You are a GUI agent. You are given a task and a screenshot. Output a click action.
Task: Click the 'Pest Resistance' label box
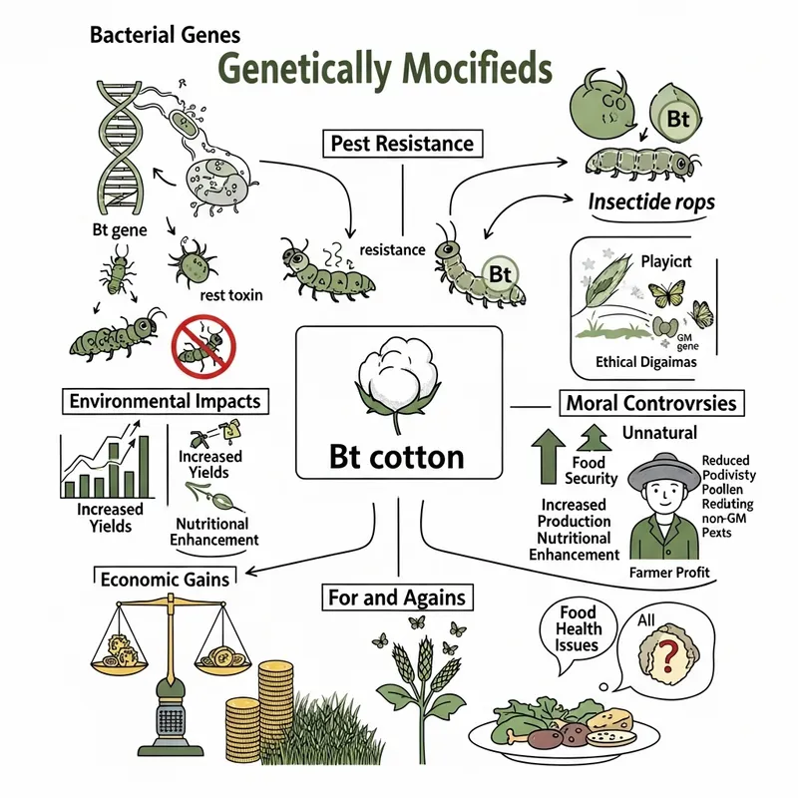click(401, 144)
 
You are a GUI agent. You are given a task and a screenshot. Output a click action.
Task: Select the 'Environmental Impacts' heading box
click(165, 401)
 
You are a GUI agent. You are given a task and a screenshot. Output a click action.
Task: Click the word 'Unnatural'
click(659, 433)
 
